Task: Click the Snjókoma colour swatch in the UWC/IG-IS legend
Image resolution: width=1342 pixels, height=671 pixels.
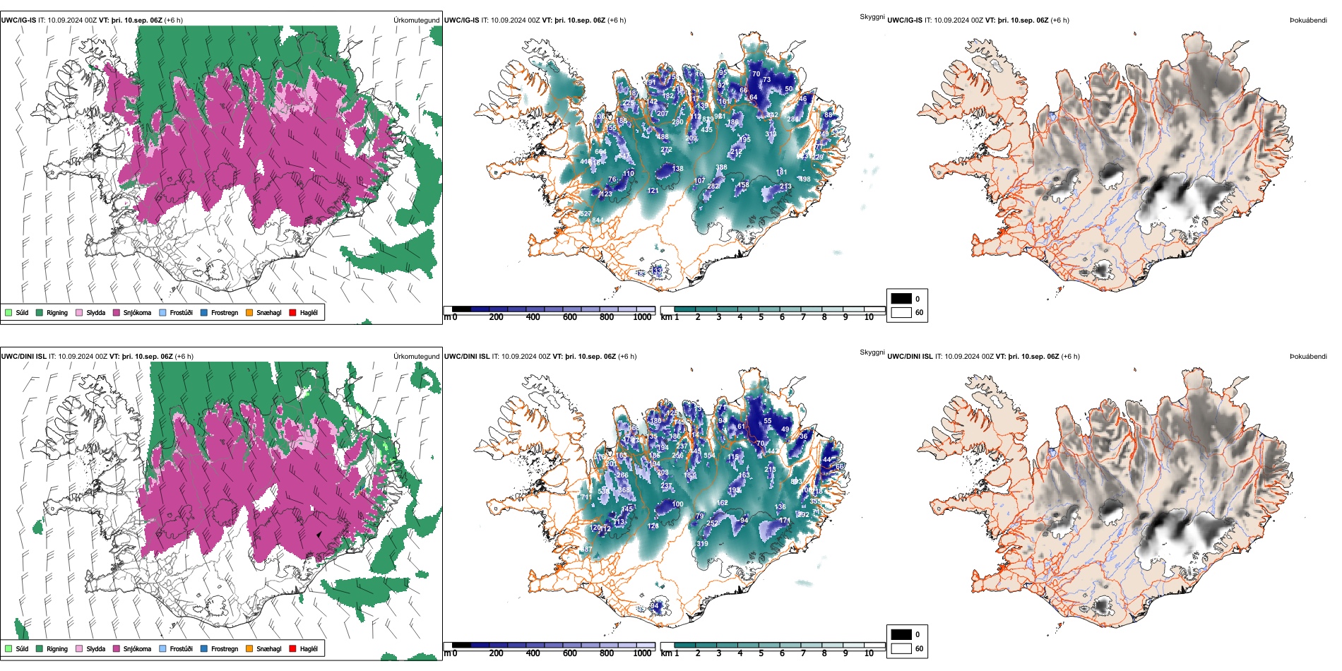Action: tap(117, 313)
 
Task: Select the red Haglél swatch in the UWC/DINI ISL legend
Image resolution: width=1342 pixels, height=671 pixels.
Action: tap(293, 649)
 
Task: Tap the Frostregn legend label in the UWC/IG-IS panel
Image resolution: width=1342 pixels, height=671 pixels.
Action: tap(225, 313)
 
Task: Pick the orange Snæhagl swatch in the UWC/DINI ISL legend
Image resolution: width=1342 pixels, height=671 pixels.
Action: tap(249, 649)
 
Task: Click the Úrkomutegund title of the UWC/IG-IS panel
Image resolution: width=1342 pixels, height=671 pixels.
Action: tap(416, 20)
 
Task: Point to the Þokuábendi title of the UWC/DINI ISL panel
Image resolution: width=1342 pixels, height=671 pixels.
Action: tap(1308, 357)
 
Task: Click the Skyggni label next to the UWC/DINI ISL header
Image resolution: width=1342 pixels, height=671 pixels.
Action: tap(872, 352)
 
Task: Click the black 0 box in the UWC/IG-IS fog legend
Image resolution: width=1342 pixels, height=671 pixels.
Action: tap(901, 299)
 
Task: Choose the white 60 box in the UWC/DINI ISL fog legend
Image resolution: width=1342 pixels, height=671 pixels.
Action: tap(901, 648)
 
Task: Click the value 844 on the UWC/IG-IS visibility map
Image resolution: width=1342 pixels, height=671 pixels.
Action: tap(598, 220)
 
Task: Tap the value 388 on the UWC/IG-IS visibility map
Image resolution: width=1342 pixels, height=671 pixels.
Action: tap(721, 168)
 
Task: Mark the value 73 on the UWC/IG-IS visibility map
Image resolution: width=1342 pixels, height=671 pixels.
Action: tap(766, 80)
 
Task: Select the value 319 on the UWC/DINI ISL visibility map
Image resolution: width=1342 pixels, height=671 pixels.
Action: tap(702, 544)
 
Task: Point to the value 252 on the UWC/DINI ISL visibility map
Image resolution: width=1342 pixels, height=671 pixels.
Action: tap(713, 523)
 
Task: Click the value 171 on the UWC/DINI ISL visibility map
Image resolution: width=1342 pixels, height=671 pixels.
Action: tap(784, 521)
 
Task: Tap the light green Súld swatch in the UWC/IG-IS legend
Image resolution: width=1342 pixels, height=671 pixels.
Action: tap(8, 313)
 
